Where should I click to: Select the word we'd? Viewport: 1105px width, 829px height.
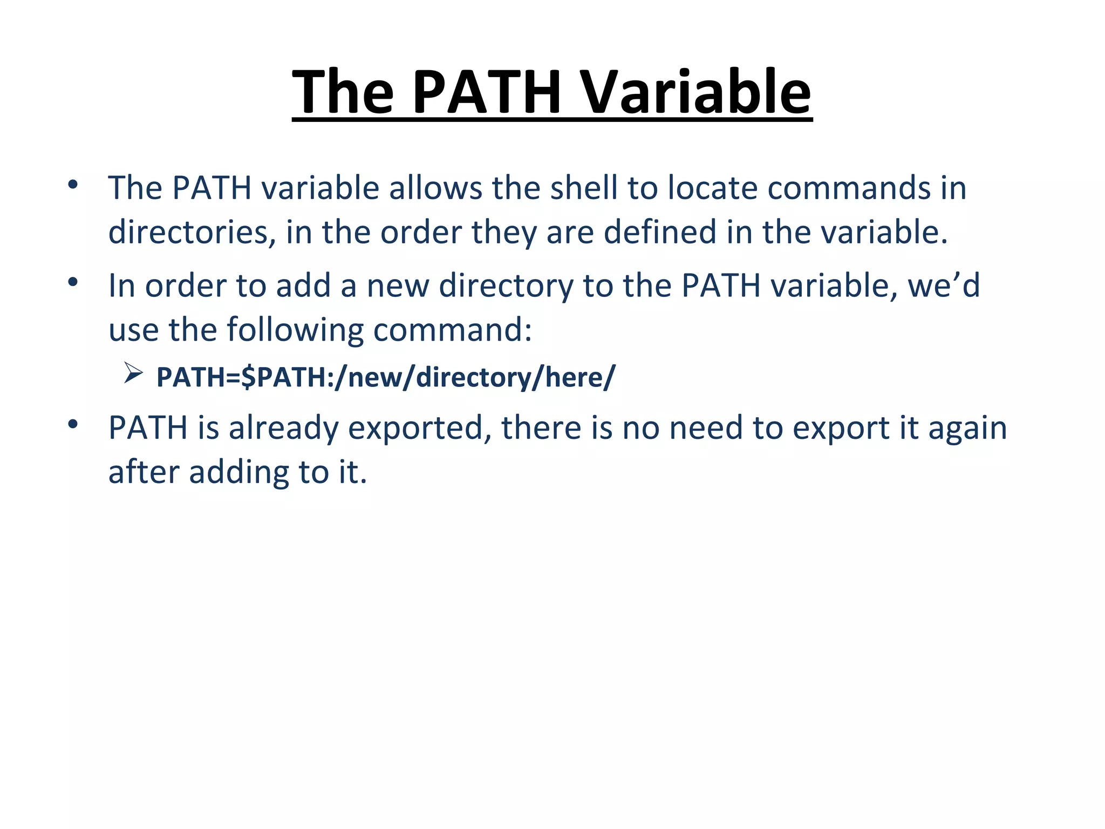tap(944, 286)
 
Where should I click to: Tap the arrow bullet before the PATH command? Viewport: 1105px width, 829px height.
tap(133, 373)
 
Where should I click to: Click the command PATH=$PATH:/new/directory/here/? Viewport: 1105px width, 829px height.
tap(385, 377)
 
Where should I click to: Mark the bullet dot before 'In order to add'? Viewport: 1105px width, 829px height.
tap(73, 282)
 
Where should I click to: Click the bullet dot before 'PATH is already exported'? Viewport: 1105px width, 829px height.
tap(73, 425)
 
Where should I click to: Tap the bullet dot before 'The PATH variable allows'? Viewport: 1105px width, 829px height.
tap(73, 185)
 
